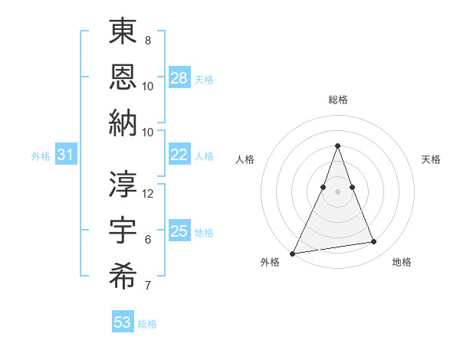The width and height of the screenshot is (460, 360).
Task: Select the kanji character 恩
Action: (123, 77)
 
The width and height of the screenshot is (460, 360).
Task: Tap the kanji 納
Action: (123, 123)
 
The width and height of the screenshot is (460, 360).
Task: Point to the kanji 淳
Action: (123, 183)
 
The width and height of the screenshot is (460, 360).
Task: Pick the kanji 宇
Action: (123, 230)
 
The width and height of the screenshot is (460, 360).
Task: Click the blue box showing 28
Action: (179, 77)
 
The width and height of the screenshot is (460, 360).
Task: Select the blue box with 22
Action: (179, 155)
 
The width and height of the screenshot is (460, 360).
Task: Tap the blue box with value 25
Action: (179, 231)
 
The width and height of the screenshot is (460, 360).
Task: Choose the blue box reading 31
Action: (66, 155)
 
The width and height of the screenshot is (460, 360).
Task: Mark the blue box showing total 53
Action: (123, 322)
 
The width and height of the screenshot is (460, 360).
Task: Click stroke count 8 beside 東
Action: (147, 40)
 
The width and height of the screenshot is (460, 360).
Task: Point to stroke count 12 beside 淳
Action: (149, 193)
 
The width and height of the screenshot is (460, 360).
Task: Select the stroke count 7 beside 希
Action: (147, 286)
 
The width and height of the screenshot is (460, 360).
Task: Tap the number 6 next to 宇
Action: (147, 240)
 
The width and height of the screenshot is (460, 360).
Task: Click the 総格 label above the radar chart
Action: (337, 100)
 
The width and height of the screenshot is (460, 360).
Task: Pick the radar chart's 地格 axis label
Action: (402, 262)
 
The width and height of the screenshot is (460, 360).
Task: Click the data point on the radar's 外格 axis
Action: (293, 253)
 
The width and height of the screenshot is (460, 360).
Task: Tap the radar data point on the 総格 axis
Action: (337, 146)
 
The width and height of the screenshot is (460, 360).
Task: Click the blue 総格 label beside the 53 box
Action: (147, 324)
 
